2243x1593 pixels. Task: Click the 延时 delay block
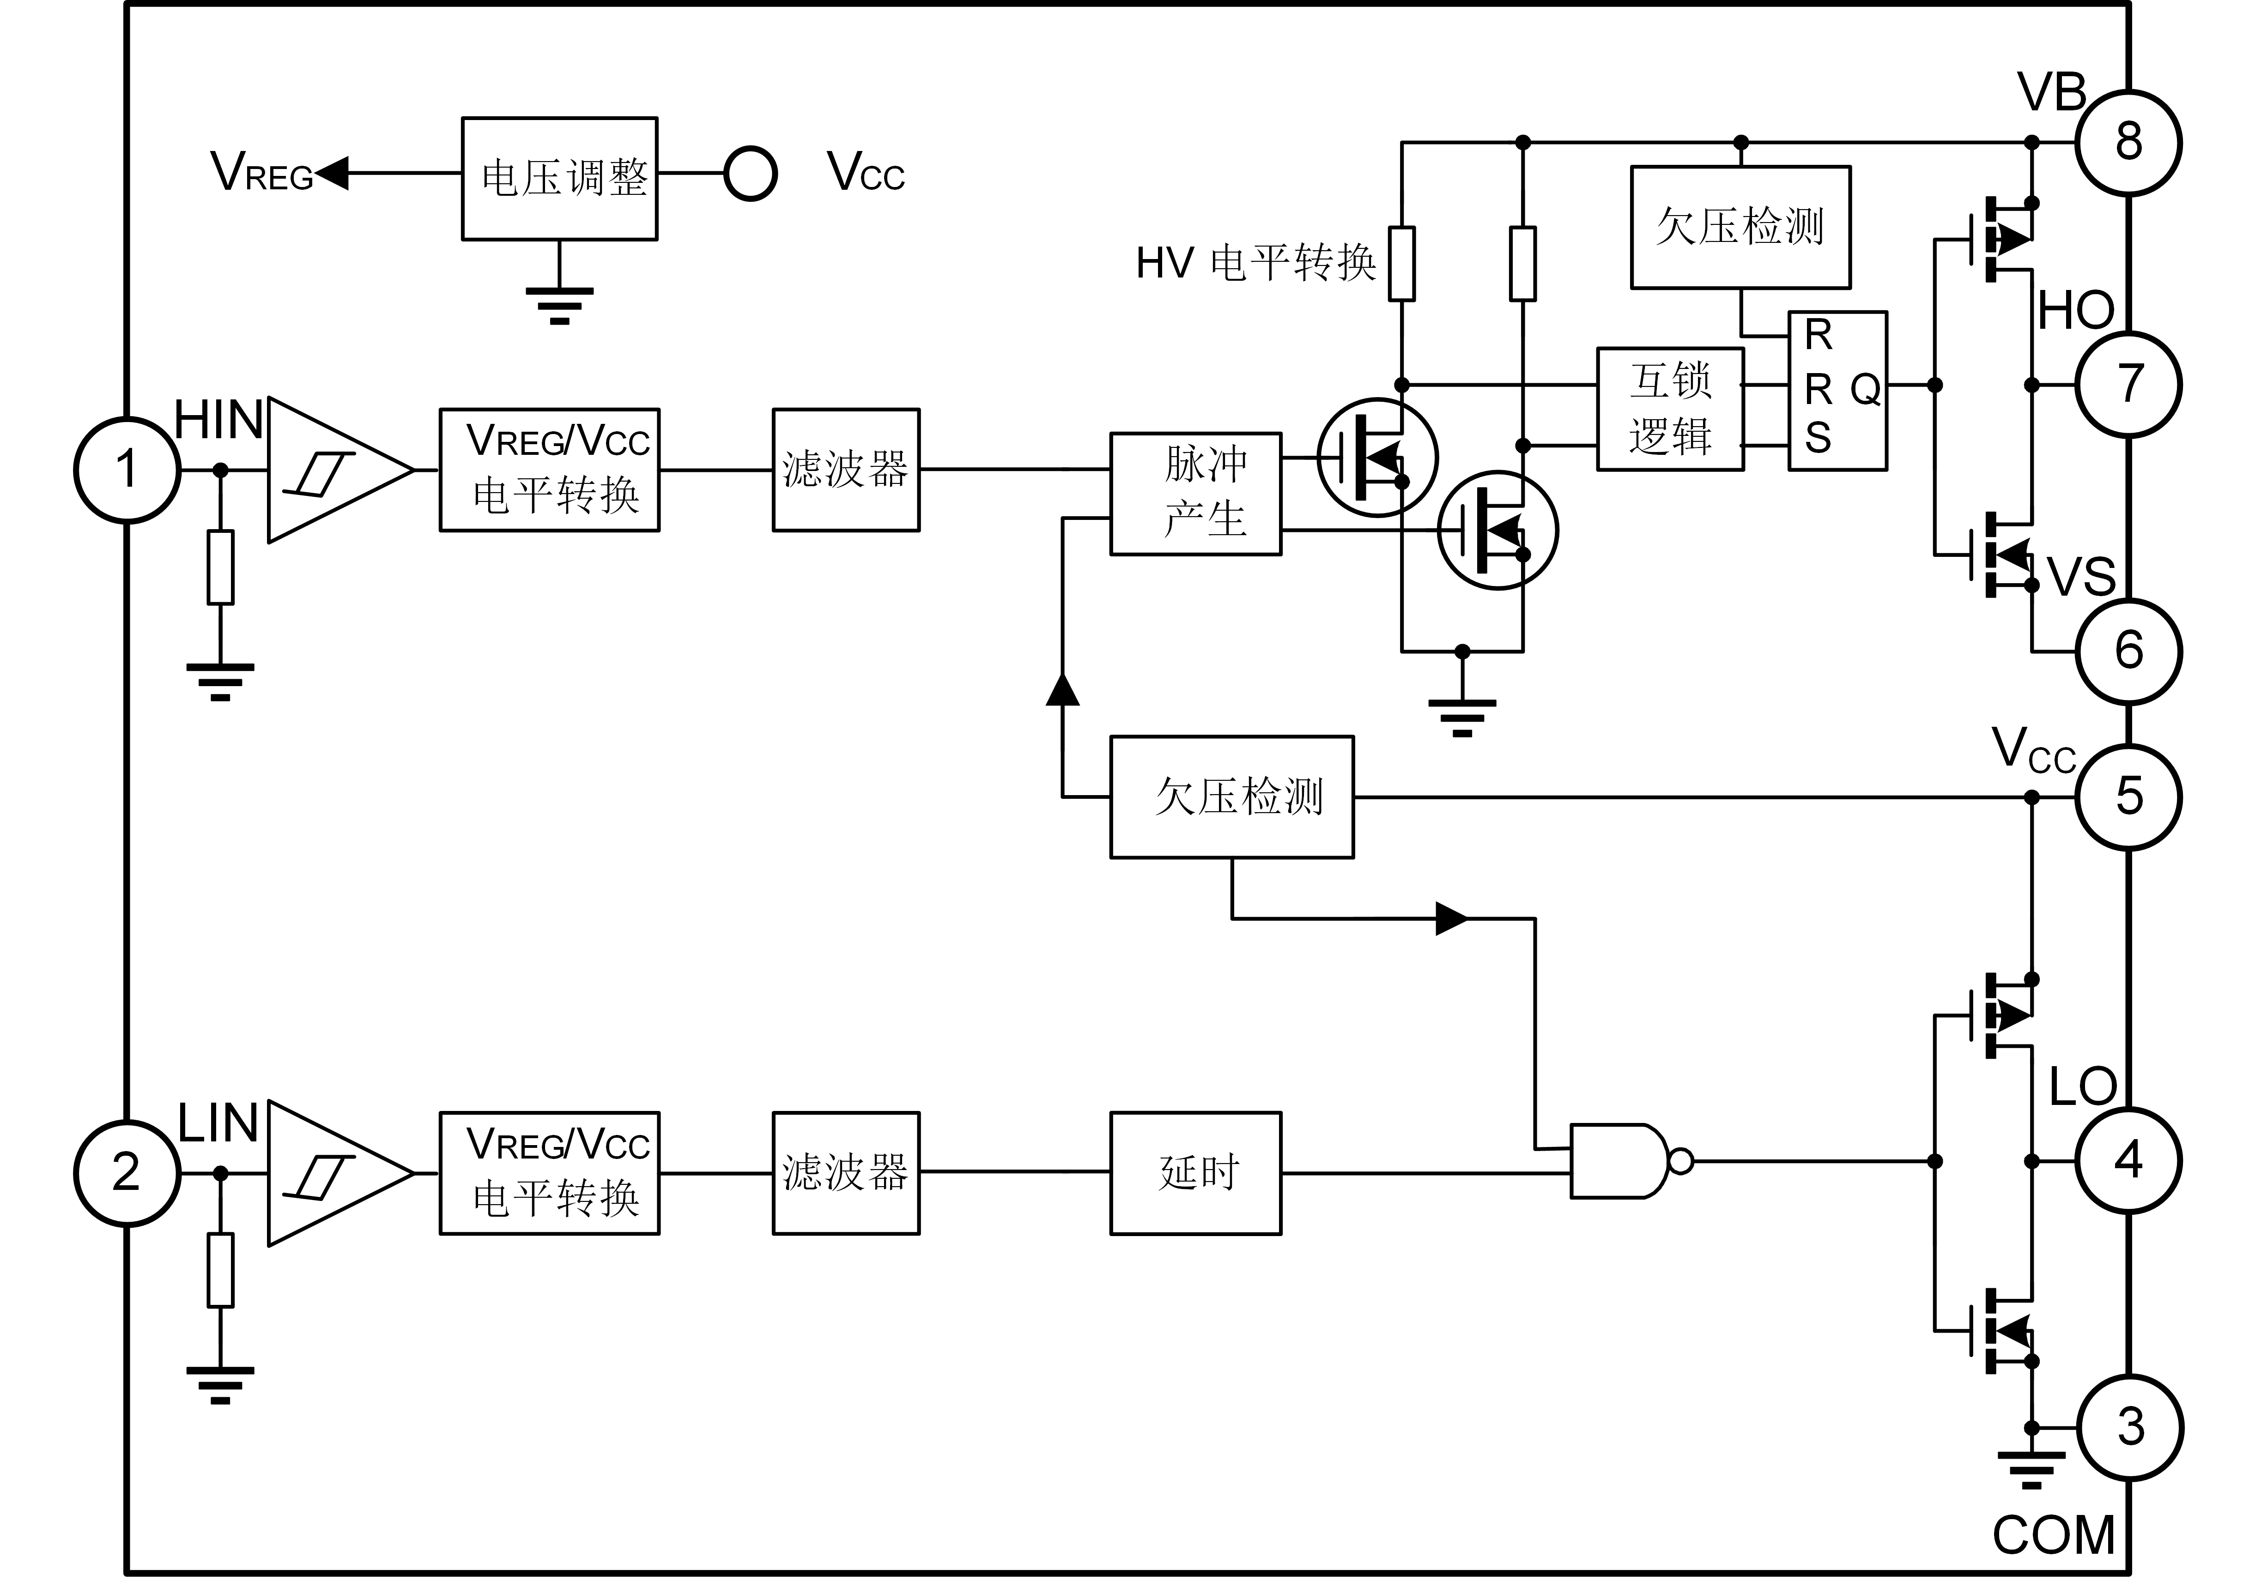pyautogui.click(x=1195, y=1172)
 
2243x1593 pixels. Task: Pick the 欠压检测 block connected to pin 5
pyautogui.click(x=1233, y=797)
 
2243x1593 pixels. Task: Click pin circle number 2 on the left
pyautogui.click(x=126, y=1172)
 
